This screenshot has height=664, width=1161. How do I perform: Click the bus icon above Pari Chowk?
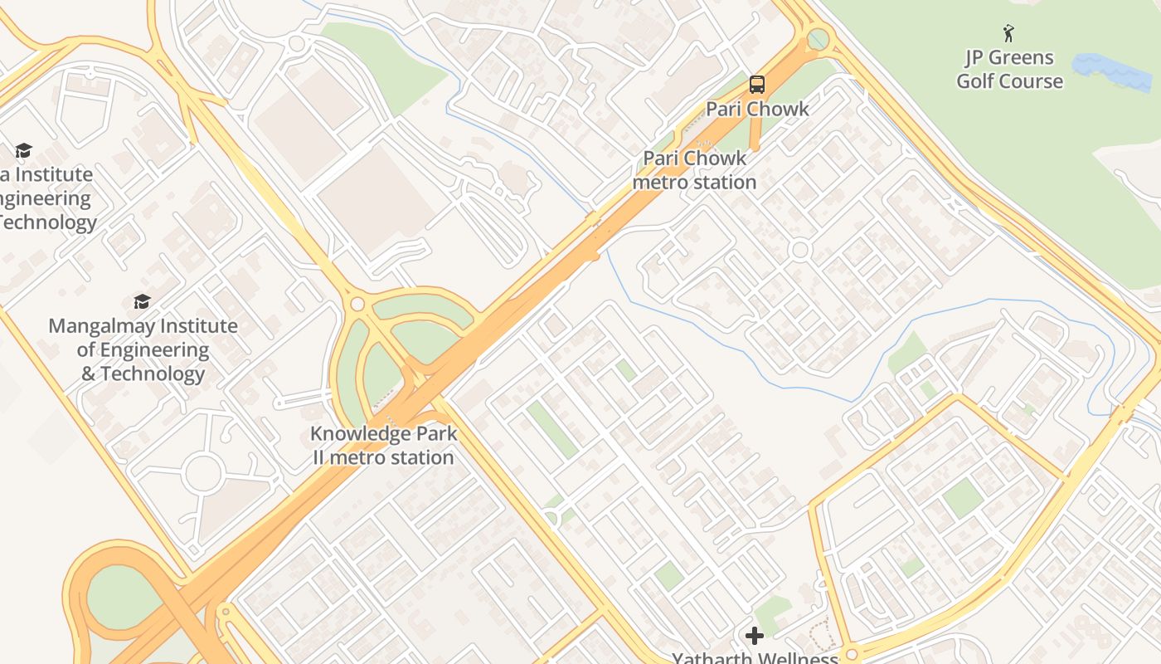(756, 84)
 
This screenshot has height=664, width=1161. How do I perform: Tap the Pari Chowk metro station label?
(695, 170)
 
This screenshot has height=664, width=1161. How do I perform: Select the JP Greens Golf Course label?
(1009, 69)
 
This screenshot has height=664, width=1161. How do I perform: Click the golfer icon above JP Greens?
(1008, 33)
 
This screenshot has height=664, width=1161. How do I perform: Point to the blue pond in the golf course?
(1111, 71)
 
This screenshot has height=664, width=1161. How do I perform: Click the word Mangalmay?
(102, 326)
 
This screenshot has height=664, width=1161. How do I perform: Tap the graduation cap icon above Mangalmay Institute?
(142, 301)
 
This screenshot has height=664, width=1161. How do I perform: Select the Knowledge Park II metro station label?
(383, 446)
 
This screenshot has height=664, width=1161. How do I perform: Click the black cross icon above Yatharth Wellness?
(754, 636)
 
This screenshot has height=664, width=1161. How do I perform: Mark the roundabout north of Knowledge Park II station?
(357, 305)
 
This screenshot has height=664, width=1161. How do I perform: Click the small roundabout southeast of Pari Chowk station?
(799, 250)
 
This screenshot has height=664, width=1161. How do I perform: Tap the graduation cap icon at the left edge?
(23, 150)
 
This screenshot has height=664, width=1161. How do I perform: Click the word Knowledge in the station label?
(360, 434)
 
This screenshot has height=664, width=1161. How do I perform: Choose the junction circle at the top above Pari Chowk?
(818, 38)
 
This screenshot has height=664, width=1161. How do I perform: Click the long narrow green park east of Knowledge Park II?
(551, 429)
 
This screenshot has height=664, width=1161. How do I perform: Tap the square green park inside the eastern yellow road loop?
(962, 498)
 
